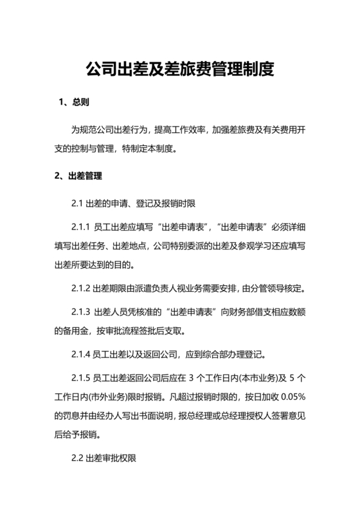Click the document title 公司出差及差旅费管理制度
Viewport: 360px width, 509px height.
(180, 69)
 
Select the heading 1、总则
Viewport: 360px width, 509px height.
(73, 103)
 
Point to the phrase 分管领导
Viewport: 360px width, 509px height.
(261, 287)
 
